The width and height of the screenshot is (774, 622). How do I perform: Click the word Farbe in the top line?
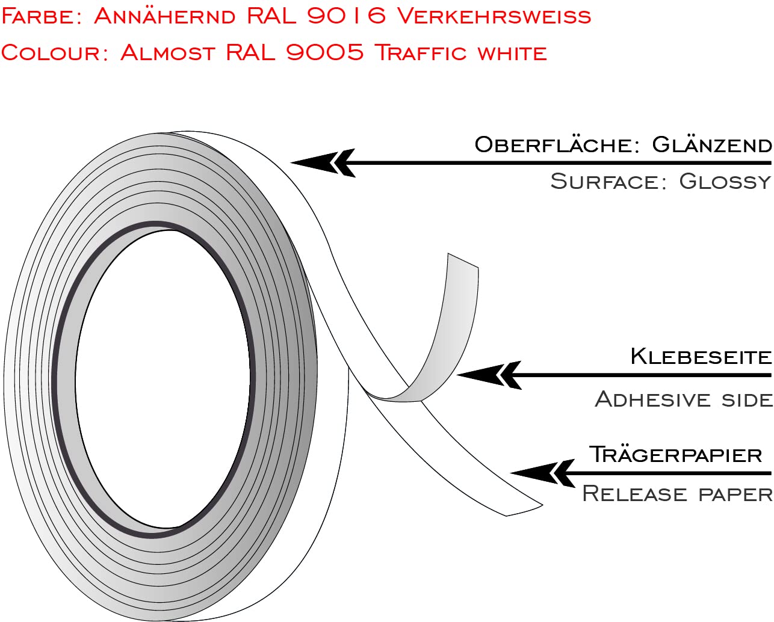(41, 16)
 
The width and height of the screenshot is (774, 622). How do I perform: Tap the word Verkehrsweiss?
(494, 16)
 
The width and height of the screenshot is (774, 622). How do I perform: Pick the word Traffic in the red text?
(421, 52)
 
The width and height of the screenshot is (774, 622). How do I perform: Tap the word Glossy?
(725, 181)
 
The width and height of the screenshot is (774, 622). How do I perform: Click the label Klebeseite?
(701, 356)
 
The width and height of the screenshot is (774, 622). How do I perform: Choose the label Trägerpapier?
(675, 454)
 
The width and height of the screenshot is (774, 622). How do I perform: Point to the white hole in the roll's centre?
(163, 379)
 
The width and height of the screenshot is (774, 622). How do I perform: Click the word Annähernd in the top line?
(164, 16)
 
